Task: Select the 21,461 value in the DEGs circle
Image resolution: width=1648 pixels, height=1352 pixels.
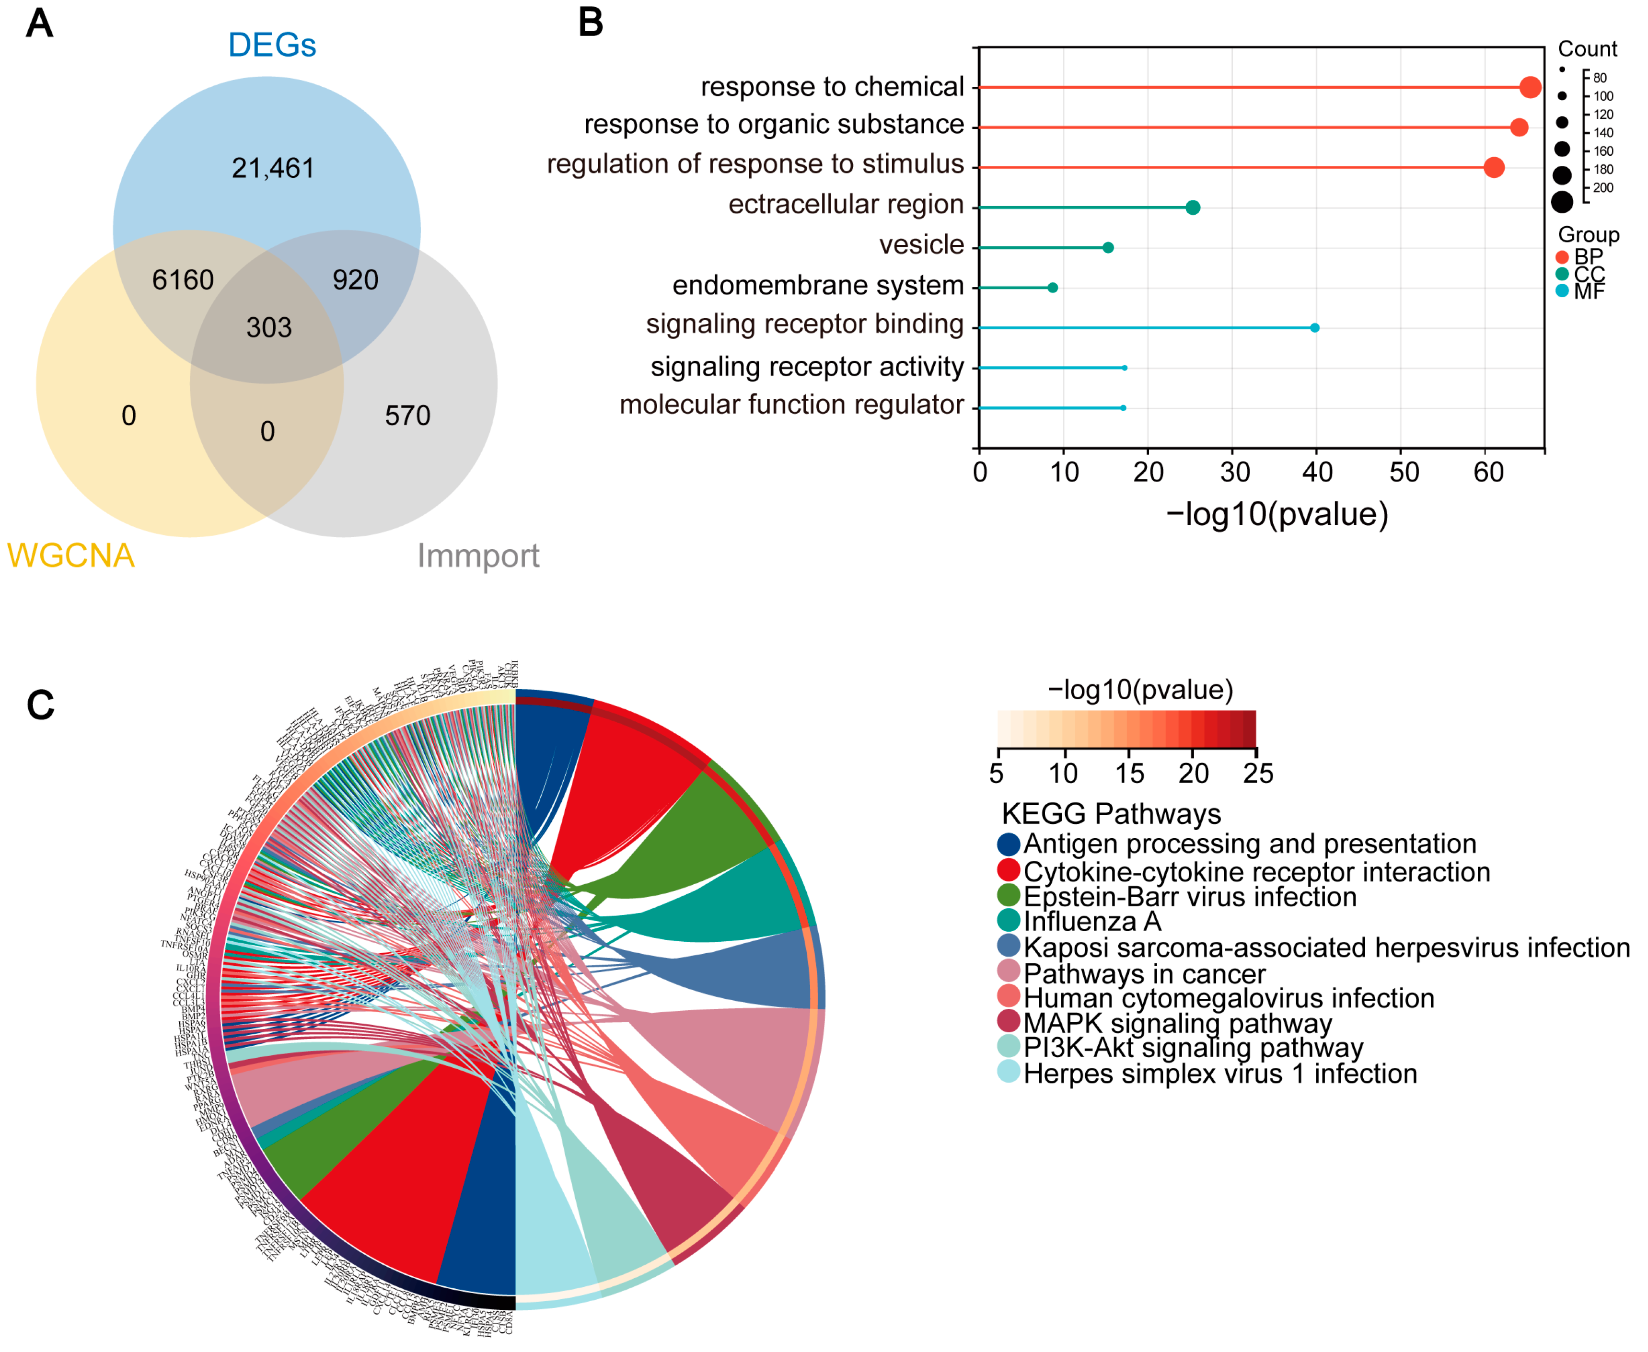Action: click(x=273, y=168)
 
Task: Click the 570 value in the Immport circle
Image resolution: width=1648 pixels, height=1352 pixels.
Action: click(x=407, y=416)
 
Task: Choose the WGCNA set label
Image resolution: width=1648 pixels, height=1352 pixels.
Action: click(x=71, y=556)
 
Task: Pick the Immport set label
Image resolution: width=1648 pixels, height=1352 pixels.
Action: click(x=478, y=556)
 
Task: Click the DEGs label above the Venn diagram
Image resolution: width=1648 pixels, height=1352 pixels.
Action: click(x=272, y=45)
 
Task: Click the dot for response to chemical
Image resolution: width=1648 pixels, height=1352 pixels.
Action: click(x=1530, y=87)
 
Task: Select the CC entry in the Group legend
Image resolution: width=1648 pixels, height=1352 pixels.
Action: click(x=1589, y=274)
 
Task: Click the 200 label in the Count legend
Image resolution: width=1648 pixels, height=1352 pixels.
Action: click(x=1603, y=188)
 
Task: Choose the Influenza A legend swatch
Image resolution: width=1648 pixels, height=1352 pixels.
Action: click(x=1009, y=921)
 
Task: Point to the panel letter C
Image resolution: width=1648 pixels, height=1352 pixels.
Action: click(x=40, y=705)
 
